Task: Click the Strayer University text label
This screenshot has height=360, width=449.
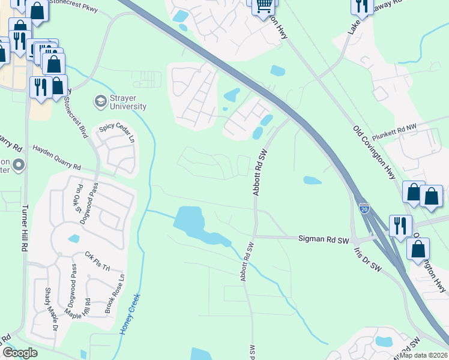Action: coord(128,102)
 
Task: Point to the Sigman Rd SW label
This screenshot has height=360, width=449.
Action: coord(324,239)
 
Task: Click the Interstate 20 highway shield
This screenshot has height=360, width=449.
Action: coord(364,208)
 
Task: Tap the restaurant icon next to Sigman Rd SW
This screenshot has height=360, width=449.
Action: coord(400,226)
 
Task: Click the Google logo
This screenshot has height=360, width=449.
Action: coord(20,352)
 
